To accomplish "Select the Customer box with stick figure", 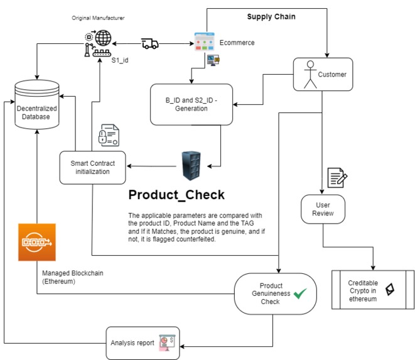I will tap(323, 75).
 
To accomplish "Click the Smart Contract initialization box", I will tap(92, 167).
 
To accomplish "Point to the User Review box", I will tap(323, 209).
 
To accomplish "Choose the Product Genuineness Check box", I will tap(275, 293).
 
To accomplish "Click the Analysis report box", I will tap(143, 343).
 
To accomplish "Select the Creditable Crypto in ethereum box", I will tap(373, 290).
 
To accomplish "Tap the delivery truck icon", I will tap(149, 43).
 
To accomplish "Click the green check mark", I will tap(300, 293).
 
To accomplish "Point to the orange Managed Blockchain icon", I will tap(37, 242).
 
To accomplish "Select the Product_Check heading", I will tap(176, 194).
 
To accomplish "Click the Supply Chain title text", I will tap(272, 16).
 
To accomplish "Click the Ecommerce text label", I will tap(237, 43).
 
